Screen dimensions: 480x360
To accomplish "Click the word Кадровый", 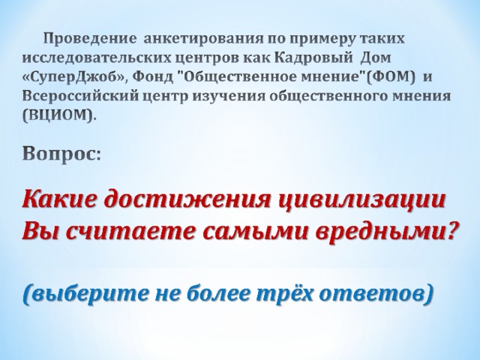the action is click(312, 58).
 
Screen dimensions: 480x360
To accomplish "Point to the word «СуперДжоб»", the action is click(75, 77).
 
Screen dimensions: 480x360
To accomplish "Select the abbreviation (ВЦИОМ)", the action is click(59, 115).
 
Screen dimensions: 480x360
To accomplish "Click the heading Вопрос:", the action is click(61, 154).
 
